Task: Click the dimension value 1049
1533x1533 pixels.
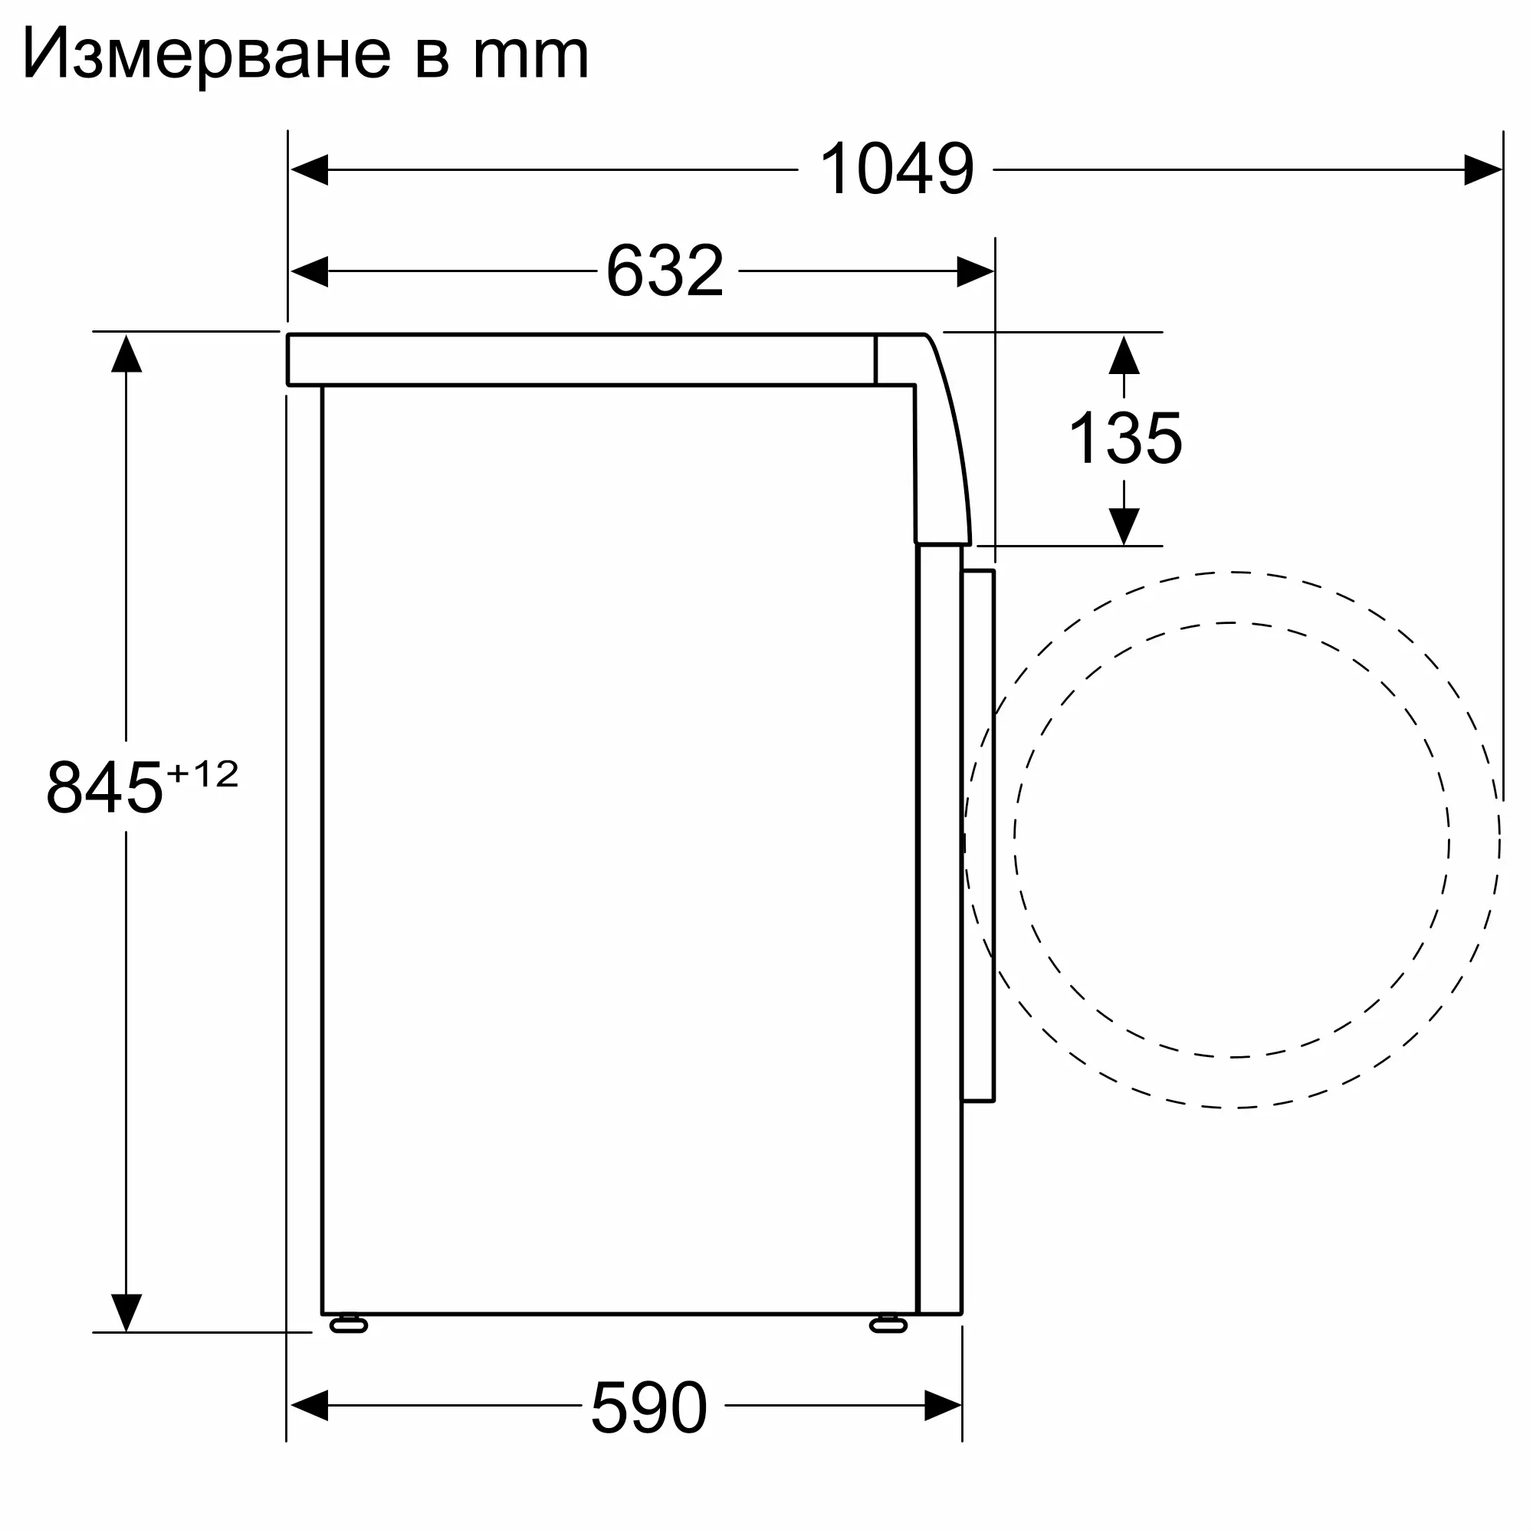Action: [896, 169]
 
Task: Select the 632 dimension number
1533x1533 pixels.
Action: [665, 271]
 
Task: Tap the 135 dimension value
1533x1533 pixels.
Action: [1125, 438]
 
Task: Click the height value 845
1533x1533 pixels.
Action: [105, 788]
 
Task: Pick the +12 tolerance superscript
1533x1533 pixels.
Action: [202, 773]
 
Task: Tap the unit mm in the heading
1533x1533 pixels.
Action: [531, 57]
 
